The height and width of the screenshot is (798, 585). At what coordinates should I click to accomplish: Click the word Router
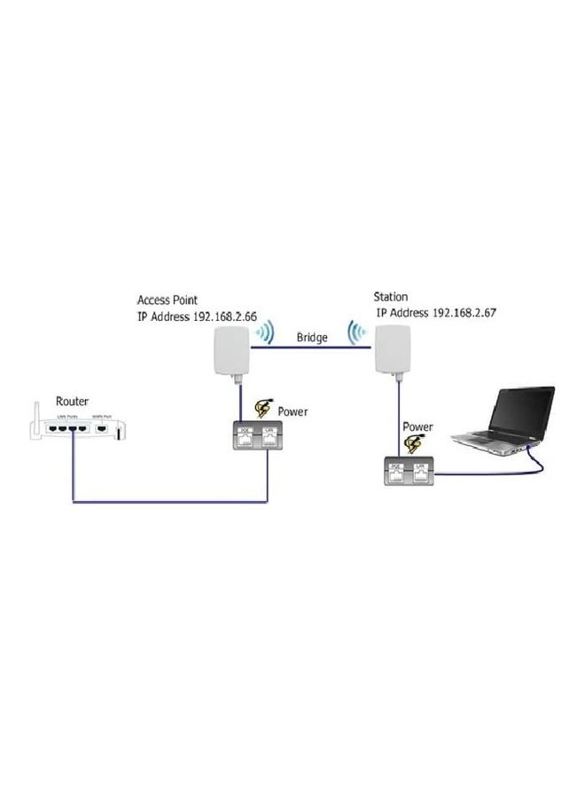[x=73, y=401]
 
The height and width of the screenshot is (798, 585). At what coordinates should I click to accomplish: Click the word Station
[x=391, y=297]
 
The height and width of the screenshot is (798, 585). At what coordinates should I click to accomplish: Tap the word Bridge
[x=313, y=338]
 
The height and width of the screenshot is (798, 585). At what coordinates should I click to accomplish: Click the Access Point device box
[x=230, y=353]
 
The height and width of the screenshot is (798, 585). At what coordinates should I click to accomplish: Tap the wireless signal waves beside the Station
[x=357, y=333]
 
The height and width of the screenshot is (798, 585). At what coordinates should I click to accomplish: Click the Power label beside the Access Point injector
[x=292, y=411]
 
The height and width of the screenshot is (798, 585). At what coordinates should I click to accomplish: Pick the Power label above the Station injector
[x=417, y=426]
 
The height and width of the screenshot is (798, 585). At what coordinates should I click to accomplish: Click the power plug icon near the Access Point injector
[x=263, y=408]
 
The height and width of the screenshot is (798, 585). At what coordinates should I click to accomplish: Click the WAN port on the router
[x=104, y=429]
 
